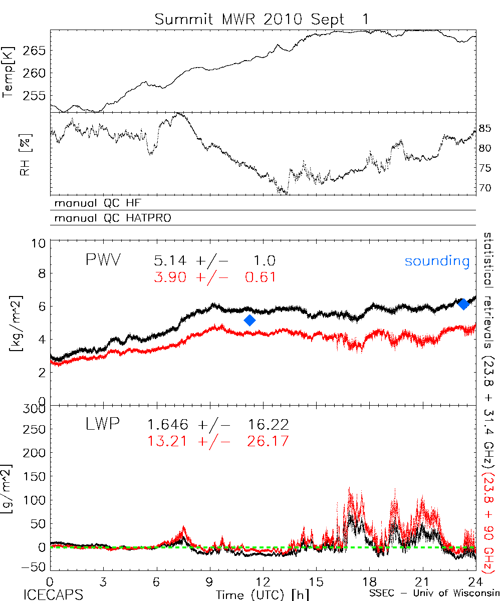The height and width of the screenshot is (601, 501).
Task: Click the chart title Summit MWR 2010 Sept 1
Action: click(x=262, y=19)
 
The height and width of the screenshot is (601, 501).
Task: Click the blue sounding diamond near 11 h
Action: click(x=250, y=321)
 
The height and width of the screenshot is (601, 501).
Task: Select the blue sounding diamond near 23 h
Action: click(x=463, y=304)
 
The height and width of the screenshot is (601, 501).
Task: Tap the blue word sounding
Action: click(x=437, y=261)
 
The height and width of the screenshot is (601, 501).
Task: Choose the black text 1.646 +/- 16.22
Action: click(x=217, y=425)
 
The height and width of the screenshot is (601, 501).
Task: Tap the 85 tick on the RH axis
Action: click(x=484, y=128)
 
